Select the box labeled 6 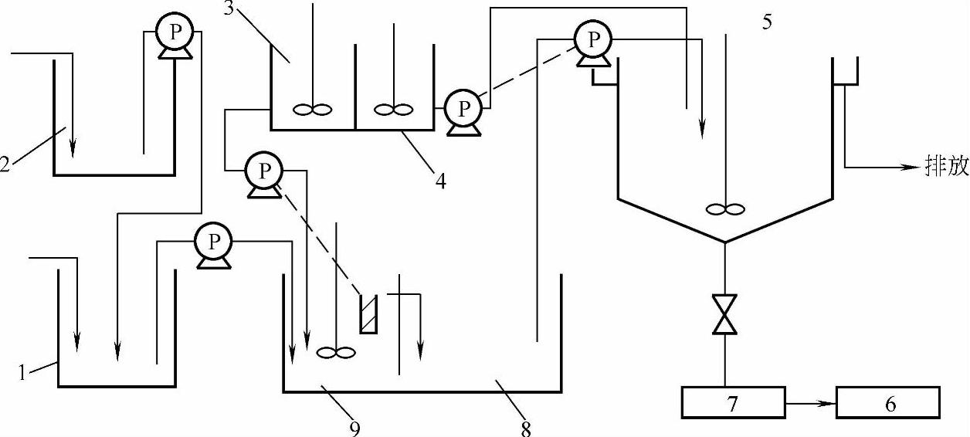pyautogui.click(x=889, y=402)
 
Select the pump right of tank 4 pyautogui.click(x=463, y=110)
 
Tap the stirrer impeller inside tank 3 pyautogui.click(x=313, y=110)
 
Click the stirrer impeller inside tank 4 pyautogui.click(x=394, y=110)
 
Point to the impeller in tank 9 pyautogui.click(x=336, y=353)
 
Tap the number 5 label pyautogui.click(x=767, y=22)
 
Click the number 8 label pyautogui.click(x=526, y=429)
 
